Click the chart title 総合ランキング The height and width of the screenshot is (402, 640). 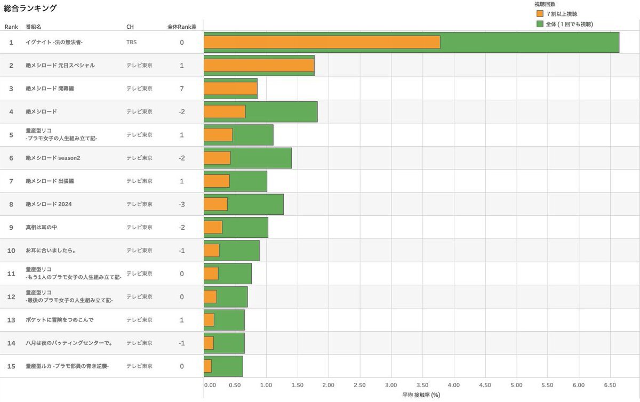pyautogui.click(x=30, y=9)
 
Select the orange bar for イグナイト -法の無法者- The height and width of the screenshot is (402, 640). pyautogui.click(x=322, y=42)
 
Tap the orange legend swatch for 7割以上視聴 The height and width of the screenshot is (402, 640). pyautogui.click(x=540, y=14)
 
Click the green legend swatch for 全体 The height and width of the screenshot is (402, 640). pyautogui.click(x=540, y=24)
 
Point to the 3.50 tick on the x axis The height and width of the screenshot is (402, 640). pyautogui.click(x=422, y=385)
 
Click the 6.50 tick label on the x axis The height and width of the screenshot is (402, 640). pyautogui.click(x=610, y=385)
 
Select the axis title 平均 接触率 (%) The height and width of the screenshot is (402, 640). pyautogui.click(x=421, y=395)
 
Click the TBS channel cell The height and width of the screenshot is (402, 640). pyautogui.click(x=131, y=42)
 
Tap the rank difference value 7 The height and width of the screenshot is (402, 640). pyautogui.click(x=182, y=89)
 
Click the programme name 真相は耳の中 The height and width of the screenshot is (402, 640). pyautogui.click(x=41, y=227)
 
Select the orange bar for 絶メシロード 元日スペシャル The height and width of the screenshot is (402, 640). pyautogui.click(x=259, y=66)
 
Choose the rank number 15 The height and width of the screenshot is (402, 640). pyautogui.click(x=11, y=366)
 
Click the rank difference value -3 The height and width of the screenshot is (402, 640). pyautogui.click(x=182, y=204)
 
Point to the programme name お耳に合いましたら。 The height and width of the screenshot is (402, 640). pyautogui.click(x=50, y=251)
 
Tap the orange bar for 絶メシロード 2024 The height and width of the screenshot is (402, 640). pyautogui.click(x=215, y=204)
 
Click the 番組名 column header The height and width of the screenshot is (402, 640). pyautogui.click(x=33, y=27)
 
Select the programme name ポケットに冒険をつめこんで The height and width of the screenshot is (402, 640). pyautogui.click(x=59, y=320)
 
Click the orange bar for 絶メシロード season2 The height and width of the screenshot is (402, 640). pyautogui.click(x=217, y=158)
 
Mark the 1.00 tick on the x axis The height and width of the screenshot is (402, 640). pyautogui.click(x=266, y=385)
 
